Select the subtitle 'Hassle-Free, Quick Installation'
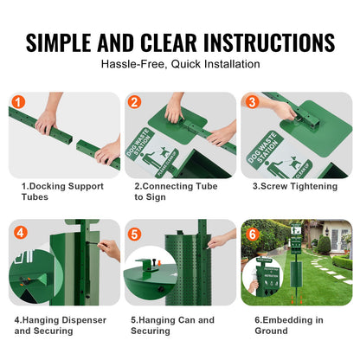(x=179, y=63)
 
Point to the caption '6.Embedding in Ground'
(x=287, y=325)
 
